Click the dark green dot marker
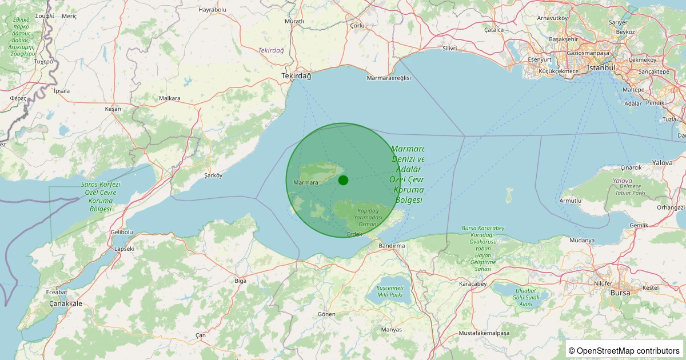(343, 180)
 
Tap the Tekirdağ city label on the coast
(296, 76)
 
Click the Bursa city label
(620, 293)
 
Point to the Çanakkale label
(66, 303)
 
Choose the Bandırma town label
(392, 246)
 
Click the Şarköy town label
(213, 175)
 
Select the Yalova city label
(663, 163)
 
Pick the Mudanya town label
(582, 241)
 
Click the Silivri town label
(450, 49)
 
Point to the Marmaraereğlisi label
(389, 78)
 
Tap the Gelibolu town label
(121, 232)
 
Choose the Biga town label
(241, 281)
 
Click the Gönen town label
(326, 314)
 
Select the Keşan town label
(113, 109)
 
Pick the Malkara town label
(170, 98)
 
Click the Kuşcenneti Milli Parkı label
(390, 291)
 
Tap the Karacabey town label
(473, 284)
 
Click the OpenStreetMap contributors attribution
(625, 350)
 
